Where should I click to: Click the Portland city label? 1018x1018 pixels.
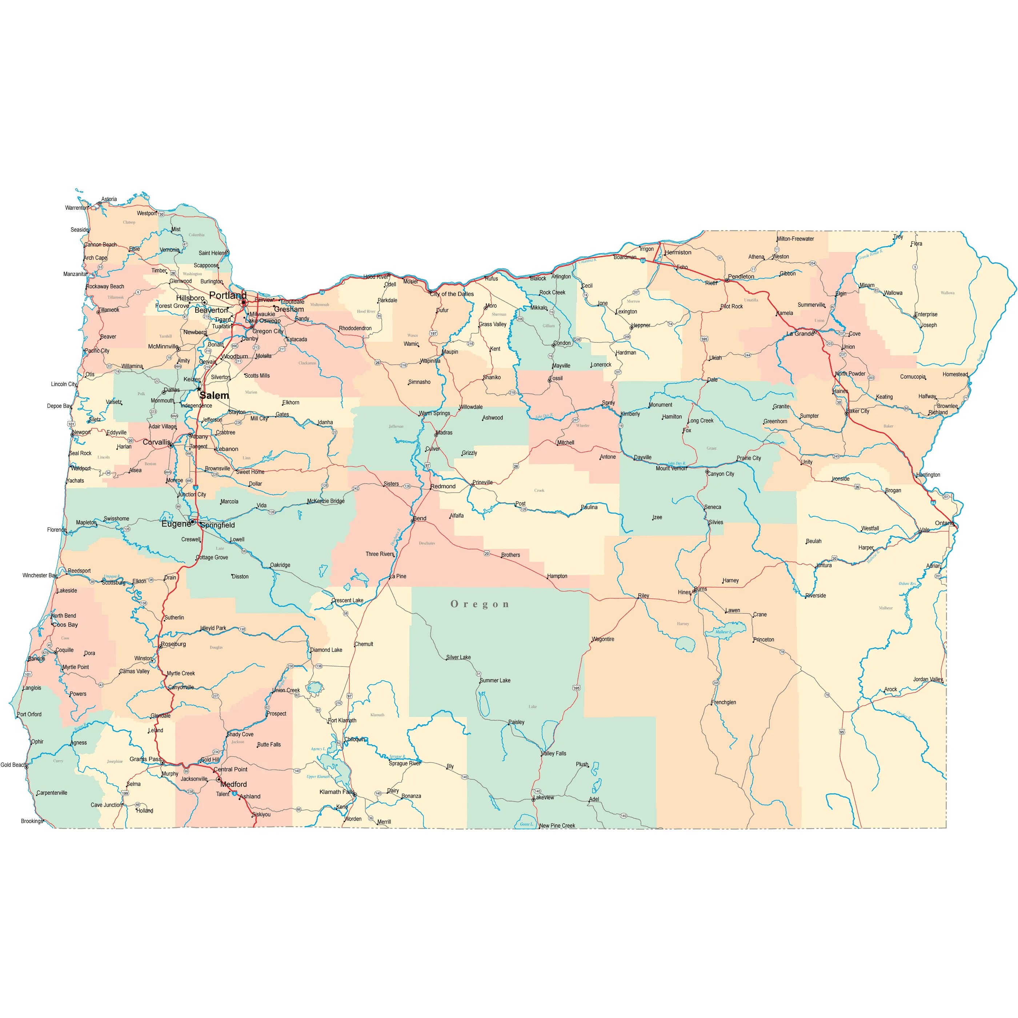pos(228,296)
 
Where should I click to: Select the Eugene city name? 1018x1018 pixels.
pos(176,524)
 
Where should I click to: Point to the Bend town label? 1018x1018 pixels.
pos(420,518)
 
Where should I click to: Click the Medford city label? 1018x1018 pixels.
pos(233,784)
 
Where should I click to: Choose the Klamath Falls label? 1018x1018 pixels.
pos(337,792)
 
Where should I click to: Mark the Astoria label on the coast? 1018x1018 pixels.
pos(109,199)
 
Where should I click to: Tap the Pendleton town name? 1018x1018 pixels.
pos(741,277)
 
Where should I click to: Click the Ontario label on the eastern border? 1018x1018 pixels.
pos(944,523)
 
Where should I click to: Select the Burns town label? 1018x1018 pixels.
pos(701,589)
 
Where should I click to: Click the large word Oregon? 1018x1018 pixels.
pos(480,604)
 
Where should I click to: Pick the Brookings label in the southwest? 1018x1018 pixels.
pos(32,821)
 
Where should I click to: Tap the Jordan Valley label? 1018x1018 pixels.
pos(928,679)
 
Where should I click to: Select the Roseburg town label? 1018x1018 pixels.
pos(173,644)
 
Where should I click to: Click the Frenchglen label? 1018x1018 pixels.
pos(724,702)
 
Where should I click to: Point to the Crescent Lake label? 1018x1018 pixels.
pos(348,601)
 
